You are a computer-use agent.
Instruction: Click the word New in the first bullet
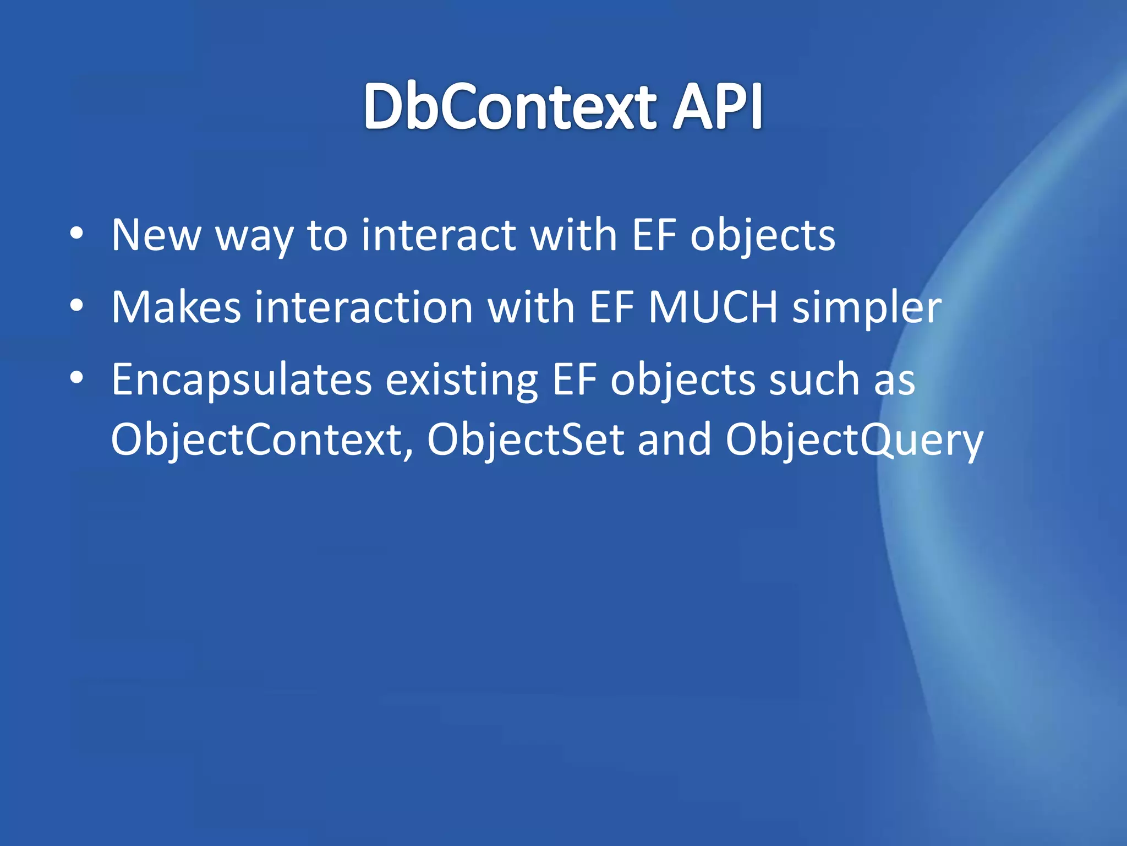pos(156,235)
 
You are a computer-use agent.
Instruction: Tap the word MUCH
pos(713,307)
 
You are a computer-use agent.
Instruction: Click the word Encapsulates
pos(242,381)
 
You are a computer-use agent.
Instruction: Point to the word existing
pos(461,381)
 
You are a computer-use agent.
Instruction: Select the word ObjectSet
pos(526,441)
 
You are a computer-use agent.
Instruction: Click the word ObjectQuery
pos(854,441)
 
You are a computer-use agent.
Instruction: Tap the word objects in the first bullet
pos(763,236)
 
